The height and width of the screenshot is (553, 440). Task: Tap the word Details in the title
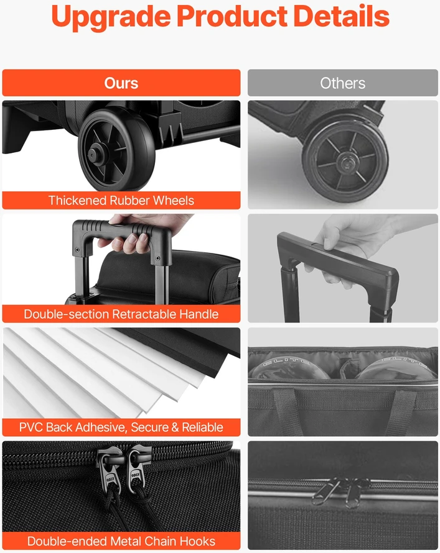[341, 16]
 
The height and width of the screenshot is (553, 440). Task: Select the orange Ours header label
[121, 83]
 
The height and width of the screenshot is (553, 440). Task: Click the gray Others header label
[342, 83]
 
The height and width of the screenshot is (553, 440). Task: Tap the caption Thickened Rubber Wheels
[121, 200]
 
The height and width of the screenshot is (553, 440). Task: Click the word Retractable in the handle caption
[144, 314]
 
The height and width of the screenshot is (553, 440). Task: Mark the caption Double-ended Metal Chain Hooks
[121, 541]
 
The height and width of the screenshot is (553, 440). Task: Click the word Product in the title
[232, 16]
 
